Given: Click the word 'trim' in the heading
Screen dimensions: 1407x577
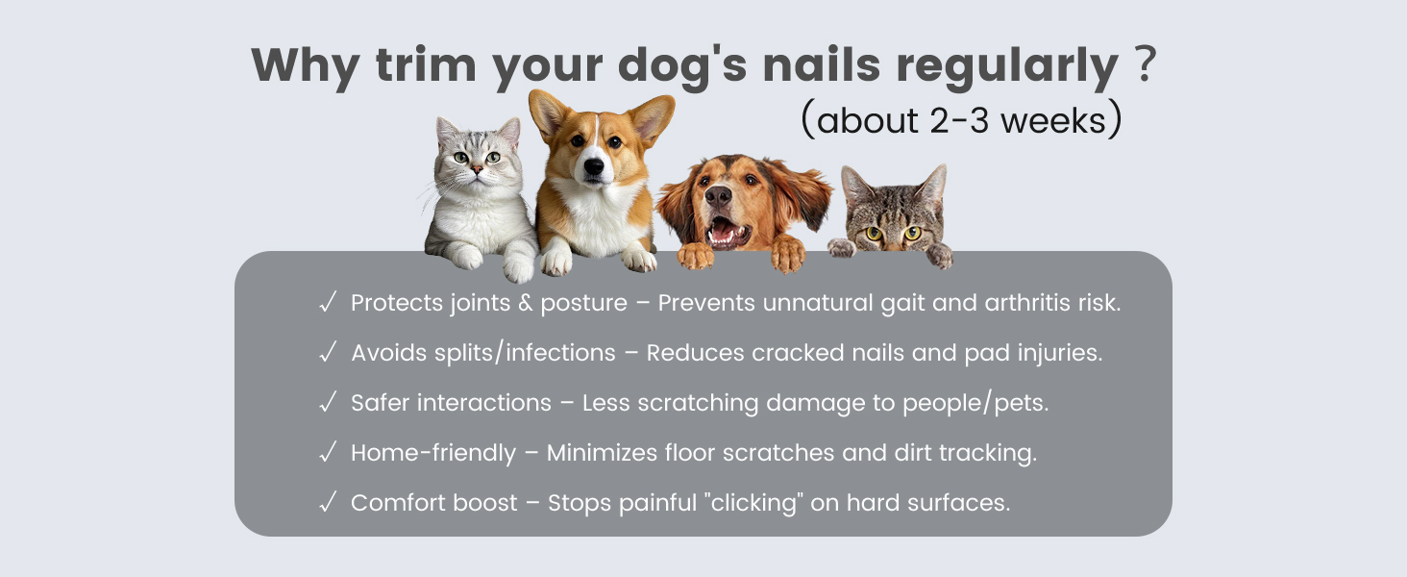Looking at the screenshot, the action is [426, 64].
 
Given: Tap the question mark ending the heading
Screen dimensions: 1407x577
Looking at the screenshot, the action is [1146, 63].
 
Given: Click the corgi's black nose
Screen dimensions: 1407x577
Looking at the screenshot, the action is [594, 166].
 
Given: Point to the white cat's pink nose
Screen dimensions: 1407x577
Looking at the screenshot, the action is [478, 169].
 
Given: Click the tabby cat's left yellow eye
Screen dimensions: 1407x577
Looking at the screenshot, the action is [875, 233].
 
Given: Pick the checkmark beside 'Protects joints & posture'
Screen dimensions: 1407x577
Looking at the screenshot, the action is [328, 302].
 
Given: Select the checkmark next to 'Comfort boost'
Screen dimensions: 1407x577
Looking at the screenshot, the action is [328, 502].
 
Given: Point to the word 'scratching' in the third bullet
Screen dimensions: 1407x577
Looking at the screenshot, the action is [698, 403].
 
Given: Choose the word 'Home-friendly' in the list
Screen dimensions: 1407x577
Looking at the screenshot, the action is [432, 453].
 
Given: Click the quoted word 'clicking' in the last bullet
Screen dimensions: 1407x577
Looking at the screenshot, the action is [754, 503].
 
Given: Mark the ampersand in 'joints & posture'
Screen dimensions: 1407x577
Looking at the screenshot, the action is [525, 303].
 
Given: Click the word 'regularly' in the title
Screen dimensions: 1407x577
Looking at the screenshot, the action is [1007, 65].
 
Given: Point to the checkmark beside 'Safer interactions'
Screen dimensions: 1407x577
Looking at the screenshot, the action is [328, 402].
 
